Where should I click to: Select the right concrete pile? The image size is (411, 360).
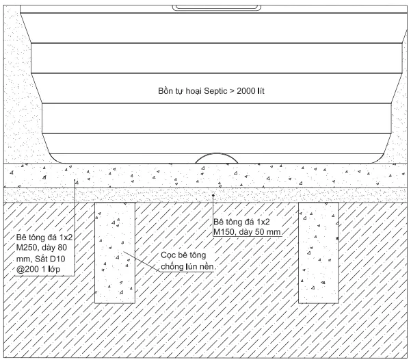(320, 253)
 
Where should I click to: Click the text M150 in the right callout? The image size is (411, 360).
(226, 233)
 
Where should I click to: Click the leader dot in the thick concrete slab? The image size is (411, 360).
(75, 180)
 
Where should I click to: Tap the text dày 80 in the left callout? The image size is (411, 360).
(59, 247)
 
